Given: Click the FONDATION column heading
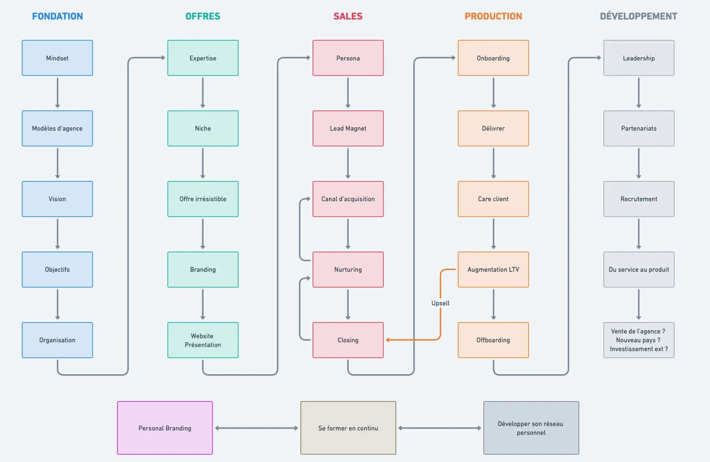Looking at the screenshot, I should point(57,16).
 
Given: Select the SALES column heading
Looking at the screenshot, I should point(348,16).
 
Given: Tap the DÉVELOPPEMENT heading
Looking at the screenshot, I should point(638,16).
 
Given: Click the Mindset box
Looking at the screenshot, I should point(57,58).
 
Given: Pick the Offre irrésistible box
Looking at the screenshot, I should point(203,199).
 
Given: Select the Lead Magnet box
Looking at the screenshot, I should point(348,129).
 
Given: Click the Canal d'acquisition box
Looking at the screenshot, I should point(348,199).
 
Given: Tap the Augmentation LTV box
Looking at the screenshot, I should point(493,270).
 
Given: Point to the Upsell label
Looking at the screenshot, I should point(440,303).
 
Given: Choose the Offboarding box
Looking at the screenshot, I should point(493,340).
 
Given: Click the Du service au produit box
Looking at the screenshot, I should point(639,270).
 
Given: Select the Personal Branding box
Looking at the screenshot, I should point(165,428).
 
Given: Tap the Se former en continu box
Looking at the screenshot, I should point(348,428).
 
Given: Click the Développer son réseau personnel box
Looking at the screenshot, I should point(531,428).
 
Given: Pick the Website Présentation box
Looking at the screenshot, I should point(203,340).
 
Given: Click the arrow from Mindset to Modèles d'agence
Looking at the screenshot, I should point(57,93).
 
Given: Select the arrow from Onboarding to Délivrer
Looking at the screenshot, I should point(493,93).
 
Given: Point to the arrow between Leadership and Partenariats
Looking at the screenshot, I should point(639,93).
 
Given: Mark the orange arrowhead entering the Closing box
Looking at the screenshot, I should point(388,340).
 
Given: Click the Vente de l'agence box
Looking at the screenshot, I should point(639,340).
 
